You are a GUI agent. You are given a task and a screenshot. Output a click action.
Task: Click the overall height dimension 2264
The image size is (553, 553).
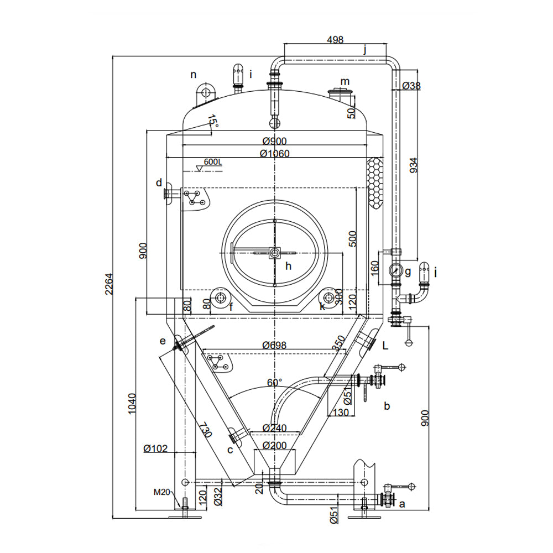point(109,284)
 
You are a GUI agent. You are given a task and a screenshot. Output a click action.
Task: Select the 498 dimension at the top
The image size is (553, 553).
point(335,40)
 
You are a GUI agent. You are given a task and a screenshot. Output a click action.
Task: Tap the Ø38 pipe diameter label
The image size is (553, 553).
point(412,86)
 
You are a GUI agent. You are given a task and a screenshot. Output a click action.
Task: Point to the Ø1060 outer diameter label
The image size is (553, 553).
point(274,153)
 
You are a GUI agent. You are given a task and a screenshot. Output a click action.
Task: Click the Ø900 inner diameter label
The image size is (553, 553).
point(274,141)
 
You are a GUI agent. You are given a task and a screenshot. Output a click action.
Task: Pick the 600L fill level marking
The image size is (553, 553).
point(212,162)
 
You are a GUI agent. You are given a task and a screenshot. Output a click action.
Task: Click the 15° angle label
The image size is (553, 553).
point(212,121)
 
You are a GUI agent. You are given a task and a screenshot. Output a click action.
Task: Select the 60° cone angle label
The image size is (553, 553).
point(274,382)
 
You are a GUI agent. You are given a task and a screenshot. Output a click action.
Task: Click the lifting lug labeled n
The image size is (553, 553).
point(206,91)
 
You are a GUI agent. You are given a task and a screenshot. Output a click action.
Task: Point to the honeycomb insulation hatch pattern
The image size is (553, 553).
point(375,182)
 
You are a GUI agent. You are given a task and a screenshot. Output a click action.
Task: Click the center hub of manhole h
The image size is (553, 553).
point(274,253)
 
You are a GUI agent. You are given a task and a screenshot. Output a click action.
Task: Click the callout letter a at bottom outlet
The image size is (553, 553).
point(402,503)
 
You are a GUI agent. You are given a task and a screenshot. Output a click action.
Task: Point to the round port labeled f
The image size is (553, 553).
point(221,298)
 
